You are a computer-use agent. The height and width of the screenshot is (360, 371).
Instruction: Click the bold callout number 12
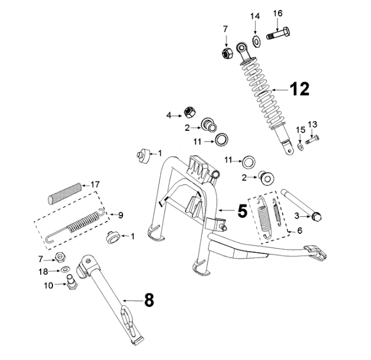click(x=299, y=90)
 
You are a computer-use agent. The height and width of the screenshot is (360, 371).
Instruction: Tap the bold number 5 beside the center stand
click(x=243, y=211)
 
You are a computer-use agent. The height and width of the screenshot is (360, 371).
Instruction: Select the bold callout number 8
click(x=149, y=300)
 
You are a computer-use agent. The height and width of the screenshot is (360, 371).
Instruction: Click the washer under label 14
click(x=257, y=41)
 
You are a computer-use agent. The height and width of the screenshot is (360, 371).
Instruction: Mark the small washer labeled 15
click(x=300, y=146)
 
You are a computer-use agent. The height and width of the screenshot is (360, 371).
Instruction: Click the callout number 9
click(x=121, y=214)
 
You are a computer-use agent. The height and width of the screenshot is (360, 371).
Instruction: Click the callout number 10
click(x=49, y=285)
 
